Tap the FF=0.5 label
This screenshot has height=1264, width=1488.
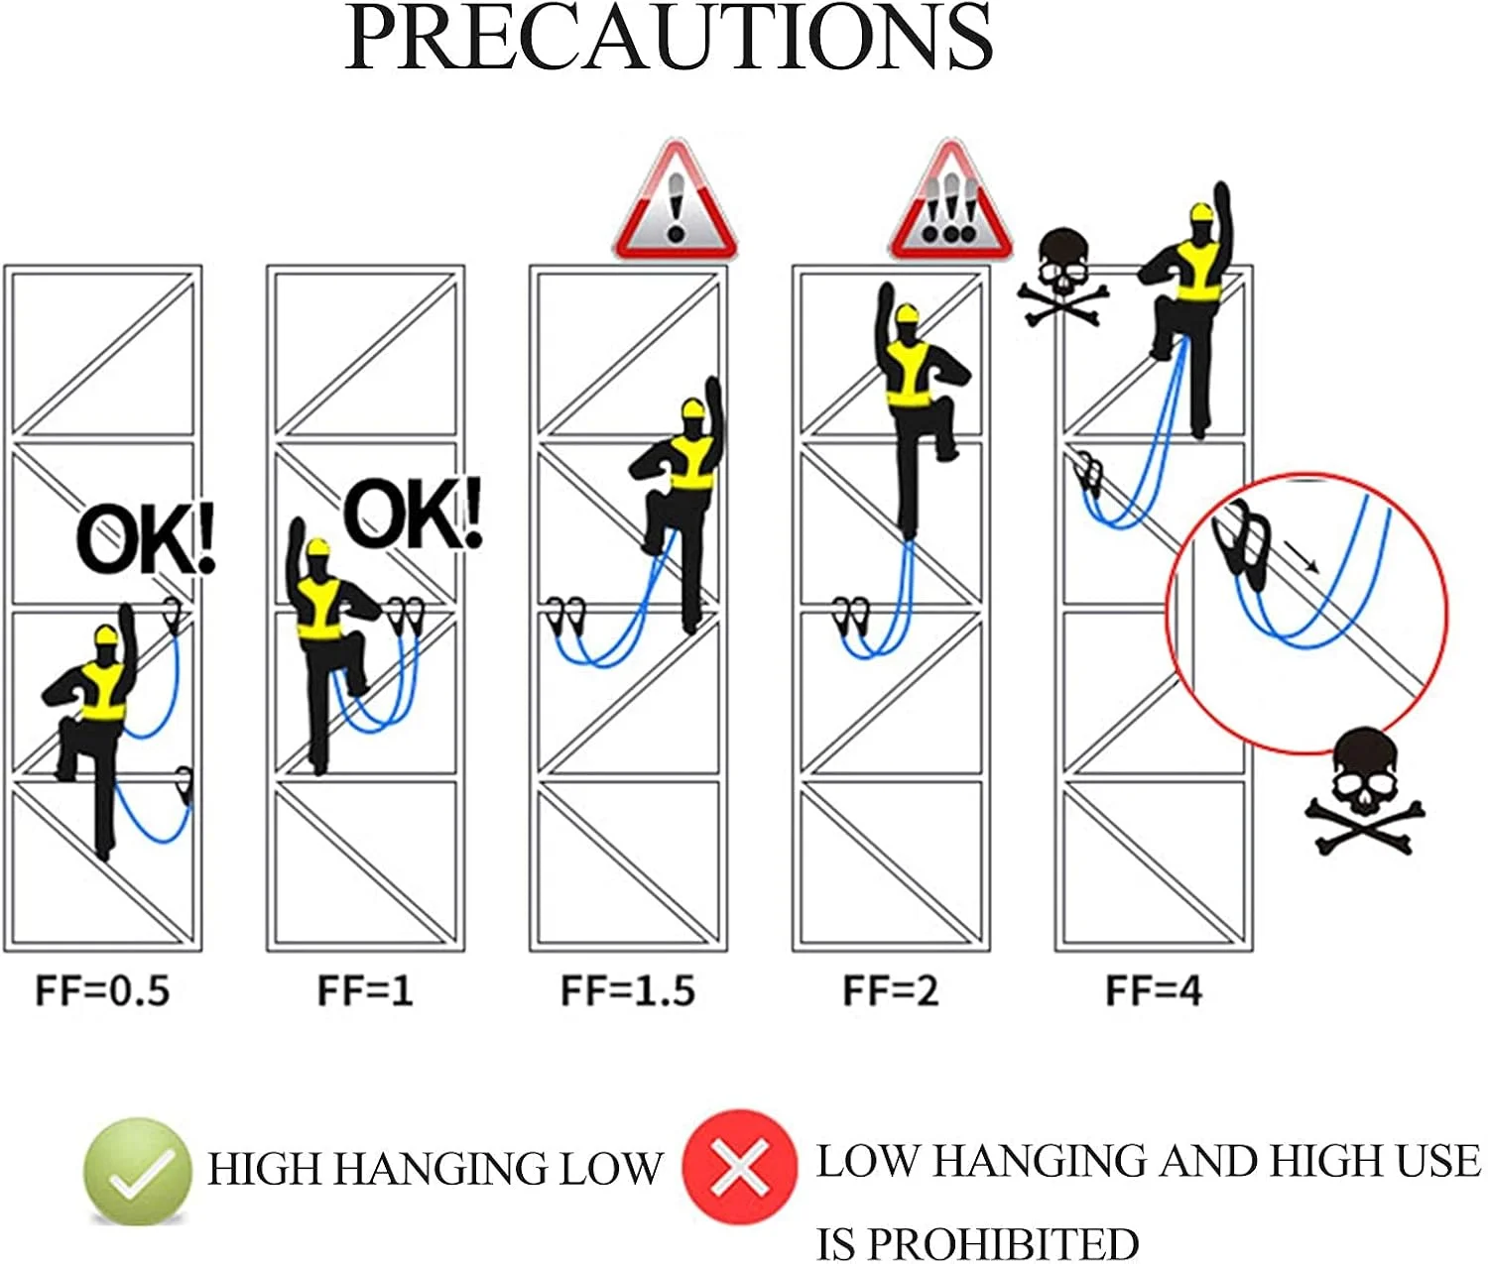click(102, 990)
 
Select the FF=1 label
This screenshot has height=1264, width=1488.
click(365, 990)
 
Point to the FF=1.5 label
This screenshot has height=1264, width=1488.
click(628, 990)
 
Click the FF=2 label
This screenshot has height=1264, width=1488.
click(891, 990)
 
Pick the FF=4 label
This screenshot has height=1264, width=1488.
click(1154, 990)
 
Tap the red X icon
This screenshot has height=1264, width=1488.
click(740, 1166)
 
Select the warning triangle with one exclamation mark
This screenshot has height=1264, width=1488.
click(676, 201)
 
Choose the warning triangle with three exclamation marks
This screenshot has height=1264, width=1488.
click(951, 201)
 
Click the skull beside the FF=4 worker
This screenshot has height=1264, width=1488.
click(1062, 277)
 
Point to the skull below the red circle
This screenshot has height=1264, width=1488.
click(1365, 791)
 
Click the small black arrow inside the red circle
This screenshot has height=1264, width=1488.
click(1302, 557)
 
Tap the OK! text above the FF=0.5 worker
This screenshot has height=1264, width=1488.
click(146, 539)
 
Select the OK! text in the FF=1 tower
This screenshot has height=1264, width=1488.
click(413, 514)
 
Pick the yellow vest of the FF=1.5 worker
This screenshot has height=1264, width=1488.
click(691, 464)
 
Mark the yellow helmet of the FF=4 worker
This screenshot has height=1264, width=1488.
click(1201, 214)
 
